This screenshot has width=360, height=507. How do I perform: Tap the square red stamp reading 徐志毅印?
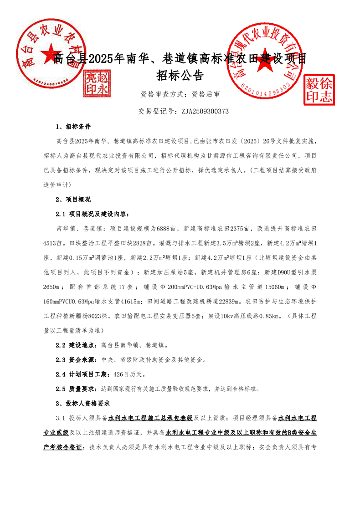(x=319, y=89)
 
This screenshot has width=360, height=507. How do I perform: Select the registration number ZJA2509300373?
(x=205, y=111)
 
